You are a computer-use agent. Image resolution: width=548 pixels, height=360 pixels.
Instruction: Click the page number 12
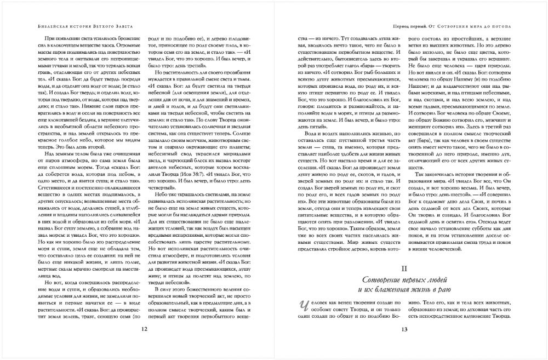click(x=144, y=329)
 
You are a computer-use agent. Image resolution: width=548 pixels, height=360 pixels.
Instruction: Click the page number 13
click(x=404, y=329)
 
